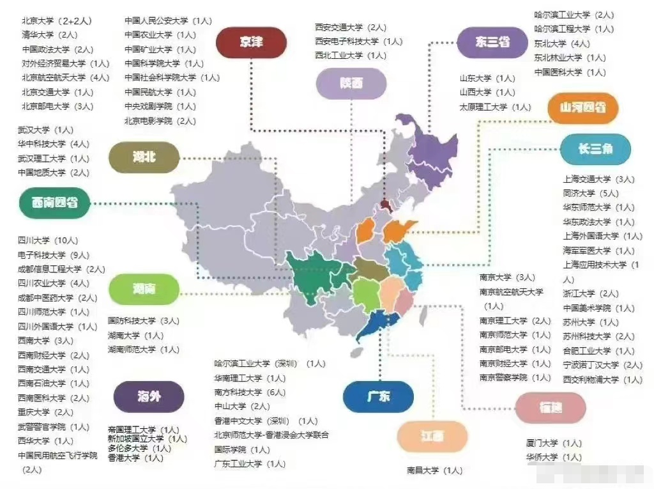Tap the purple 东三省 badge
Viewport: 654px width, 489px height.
click(x=491, y=42)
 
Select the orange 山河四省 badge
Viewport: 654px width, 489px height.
click(x=582, y=107)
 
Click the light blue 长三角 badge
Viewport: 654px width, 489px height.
click(x=595, y=149)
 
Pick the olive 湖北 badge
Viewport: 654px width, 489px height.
click(x=144, y=157)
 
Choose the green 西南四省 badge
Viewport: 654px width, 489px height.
click(x=54, y=203)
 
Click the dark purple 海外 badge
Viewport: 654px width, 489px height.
click(x=148, y=397)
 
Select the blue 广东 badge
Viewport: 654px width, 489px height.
click(x=377, y=396)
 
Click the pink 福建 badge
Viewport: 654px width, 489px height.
click(x=550, y=408)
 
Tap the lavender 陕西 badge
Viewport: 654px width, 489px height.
click(x=351, y=83)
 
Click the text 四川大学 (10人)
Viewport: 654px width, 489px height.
click(x=48, y=241)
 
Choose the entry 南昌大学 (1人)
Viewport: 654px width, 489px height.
click(x=434, y=470)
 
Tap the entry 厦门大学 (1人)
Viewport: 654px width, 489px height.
click(x=553, y=443)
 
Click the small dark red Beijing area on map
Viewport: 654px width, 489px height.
click(x=385, y=205)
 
